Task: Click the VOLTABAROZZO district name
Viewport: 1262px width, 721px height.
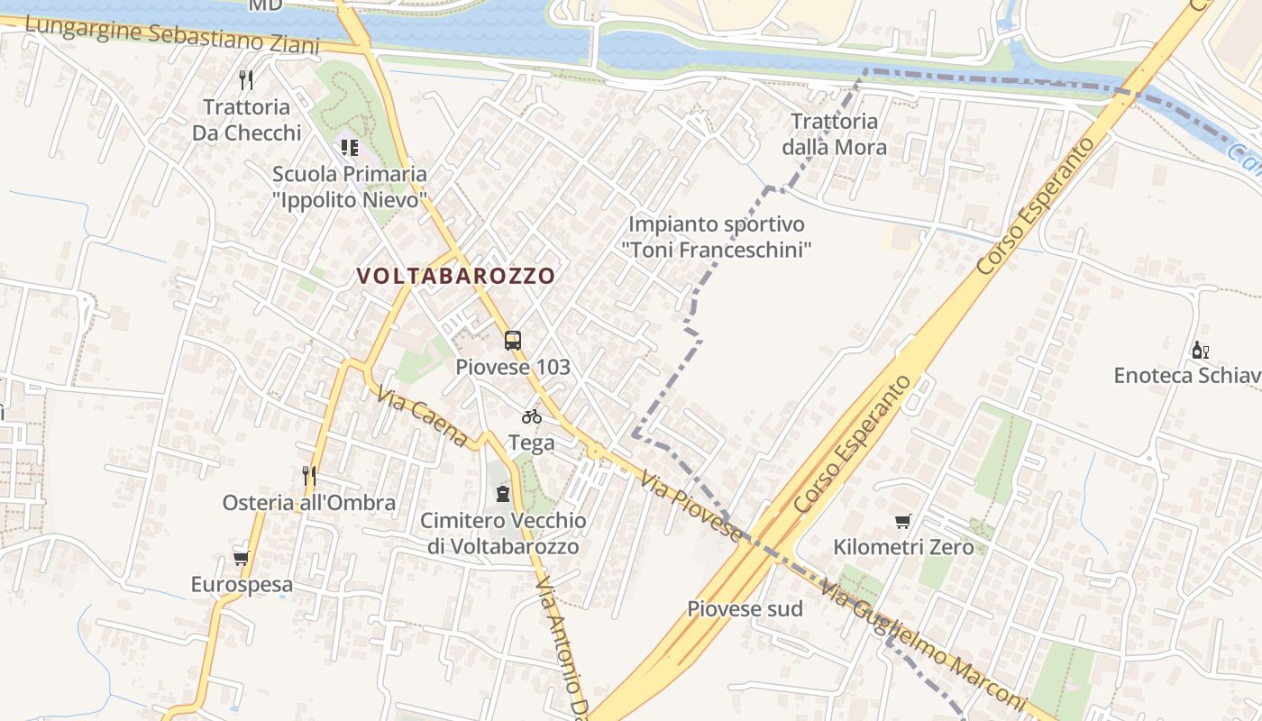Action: pos(455,276)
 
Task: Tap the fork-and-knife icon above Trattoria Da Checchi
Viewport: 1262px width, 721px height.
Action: pos(246,79)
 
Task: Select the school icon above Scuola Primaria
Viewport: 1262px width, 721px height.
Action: pos(349,147)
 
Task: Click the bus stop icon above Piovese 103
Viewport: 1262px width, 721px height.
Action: pos(513,341)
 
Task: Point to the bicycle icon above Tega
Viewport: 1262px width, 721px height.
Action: pos(532,416)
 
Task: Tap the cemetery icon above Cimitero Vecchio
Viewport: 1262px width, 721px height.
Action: pos(502,493)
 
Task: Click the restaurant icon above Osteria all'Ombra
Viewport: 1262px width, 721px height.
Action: pos(309,475)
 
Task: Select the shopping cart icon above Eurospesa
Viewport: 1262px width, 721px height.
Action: pos(241,558)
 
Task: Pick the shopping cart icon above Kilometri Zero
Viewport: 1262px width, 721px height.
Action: pos(902,521)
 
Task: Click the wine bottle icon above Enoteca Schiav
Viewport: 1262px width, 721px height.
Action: pos(1200,350)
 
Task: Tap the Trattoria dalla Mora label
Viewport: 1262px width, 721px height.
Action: pos(834,134)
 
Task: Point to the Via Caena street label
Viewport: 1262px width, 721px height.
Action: pos(423,417)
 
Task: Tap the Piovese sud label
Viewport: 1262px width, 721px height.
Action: pos(745,608)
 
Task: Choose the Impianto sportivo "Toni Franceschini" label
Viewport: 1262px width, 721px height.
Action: pos(717,236)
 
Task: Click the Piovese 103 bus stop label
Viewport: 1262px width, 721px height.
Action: pos(513,367)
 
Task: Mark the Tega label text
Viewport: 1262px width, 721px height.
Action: pos(532,443)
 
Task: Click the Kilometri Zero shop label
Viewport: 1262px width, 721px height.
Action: pos(903,547)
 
